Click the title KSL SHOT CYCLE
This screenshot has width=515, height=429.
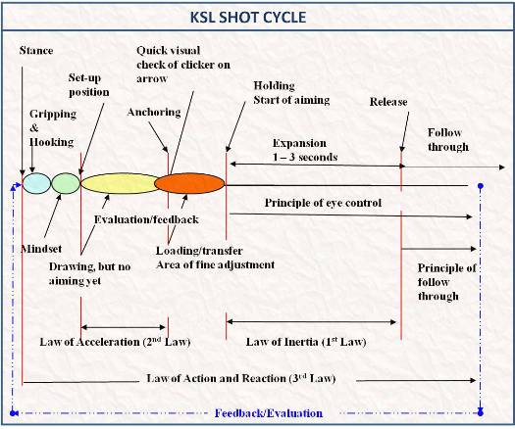(x=248, y=17)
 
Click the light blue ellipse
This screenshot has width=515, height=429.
(x=36, y=183)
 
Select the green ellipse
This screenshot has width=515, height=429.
(x=66, y=183)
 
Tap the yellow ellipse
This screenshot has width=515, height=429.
(x=120, y=183)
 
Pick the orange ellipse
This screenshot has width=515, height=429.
(x=189, y=183)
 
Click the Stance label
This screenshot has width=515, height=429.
(x=36, y=51)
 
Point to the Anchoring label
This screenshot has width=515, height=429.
(x=154, y=113)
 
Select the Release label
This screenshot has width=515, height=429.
(x=388, y=102)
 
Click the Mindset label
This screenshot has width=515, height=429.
(x=41, y=249)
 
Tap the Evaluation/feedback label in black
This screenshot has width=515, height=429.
(x=146, y=219)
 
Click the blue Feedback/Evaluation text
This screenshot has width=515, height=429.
(x=269, y=413)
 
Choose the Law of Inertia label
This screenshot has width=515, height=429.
(x=306, y=342)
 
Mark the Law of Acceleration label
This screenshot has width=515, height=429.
(x=115, y=342)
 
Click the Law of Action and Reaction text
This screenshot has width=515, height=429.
(x=241, y=378)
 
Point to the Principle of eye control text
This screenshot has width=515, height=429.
(x=323, y=203)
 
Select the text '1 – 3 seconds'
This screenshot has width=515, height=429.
(x=305, y=157)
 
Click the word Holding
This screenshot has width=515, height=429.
(x=274, y=86)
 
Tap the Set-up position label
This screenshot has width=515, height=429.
(x=88, y=85)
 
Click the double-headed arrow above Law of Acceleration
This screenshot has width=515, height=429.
(x=124, y=327)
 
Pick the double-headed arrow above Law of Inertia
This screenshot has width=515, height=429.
(x=311, y=321)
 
